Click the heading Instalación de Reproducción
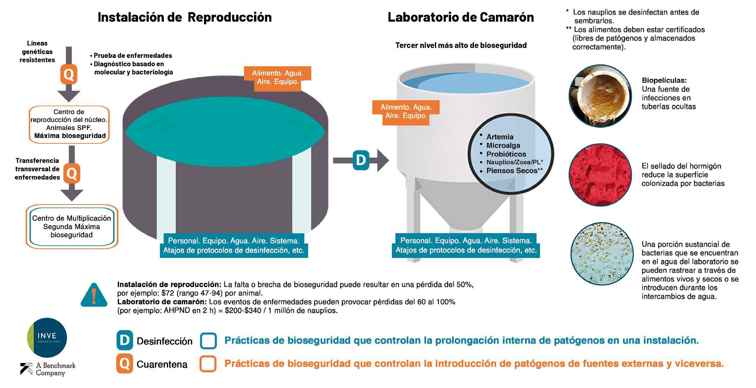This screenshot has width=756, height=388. tap(184, 17)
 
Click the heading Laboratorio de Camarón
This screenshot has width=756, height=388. tap(460, 17)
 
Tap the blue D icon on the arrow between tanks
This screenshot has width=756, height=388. tap(361, 160)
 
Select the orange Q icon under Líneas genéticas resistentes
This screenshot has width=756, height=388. tap(69, 74)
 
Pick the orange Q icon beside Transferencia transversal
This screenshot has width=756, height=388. tap(71, 173)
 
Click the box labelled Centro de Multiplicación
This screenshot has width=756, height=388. tap(71, 227)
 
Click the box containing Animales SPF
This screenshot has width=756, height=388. tap(69, 124)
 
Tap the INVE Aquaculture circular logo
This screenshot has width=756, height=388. tap(47, 337)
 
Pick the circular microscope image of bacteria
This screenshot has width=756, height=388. tap(602, 253)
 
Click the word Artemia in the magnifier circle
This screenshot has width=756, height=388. tap(500, 137)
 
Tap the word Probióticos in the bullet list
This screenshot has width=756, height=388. tap(506, 154)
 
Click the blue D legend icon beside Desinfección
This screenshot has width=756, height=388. tap(124, 340)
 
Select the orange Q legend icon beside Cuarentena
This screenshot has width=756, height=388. tap(124, 364)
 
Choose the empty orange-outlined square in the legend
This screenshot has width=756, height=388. tap(208, 364)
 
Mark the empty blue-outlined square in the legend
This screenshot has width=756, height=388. tap(208, 341)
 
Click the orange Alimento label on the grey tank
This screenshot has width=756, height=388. tap(277, 78)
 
